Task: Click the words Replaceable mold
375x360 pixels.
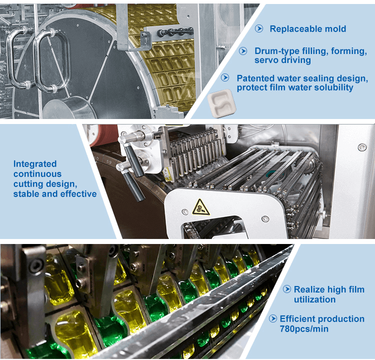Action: [x=307, y=28]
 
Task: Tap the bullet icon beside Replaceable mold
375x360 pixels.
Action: [x=259, y=28]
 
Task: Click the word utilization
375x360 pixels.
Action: [x=314, y=299]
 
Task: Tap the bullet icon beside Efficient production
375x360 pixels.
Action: [x=272, y=318]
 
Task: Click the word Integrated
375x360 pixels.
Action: [x=35, y=163]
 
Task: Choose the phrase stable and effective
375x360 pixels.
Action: [x=55, y=193]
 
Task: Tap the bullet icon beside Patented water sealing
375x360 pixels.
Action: [x=226, y=78]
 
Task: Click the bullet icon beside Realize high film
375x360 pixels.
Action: [x=287, y=289]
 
